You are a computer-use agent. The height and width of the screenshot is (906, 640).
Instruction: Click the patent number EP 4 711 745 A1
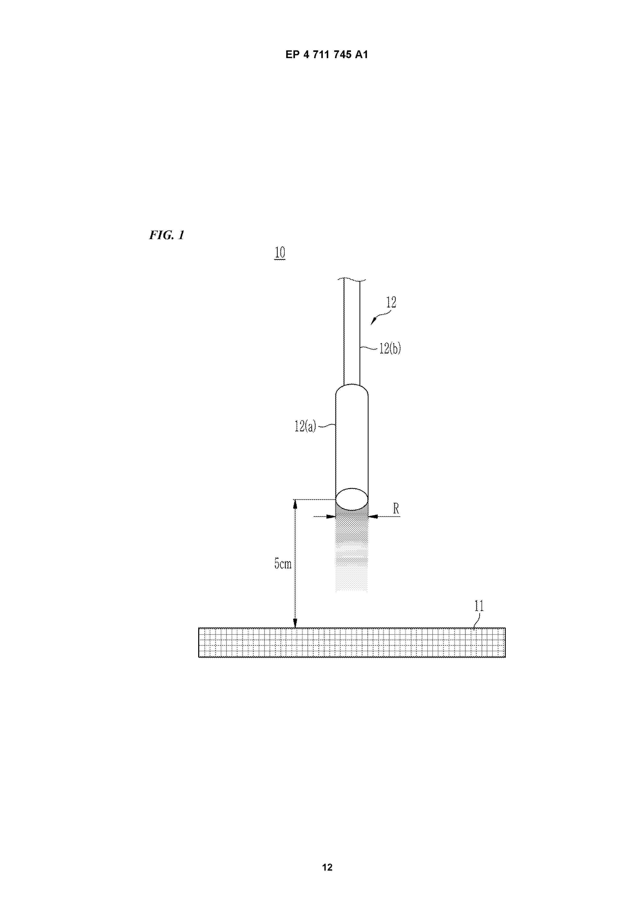[x=326, y=54]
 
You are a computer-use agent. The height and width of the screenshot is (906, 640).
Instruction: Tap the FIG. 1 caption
[x=166, y=235]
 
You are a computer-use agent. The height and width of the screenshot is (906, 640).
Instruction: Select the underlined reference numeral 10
[x=279, y=253]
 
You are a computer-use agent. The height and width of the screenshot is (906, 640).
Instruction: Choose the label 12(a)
[x=305, y=426]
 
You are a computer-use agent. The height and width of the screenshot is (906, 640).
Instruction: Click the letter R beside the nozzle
[x=396, y=509]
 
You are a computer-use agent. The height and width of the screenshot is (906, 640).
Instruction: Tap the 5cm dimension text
[x=283, y=564]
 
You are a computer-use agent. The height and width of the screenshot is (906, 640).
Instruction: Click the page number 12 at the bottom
[x=327, y=867]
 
